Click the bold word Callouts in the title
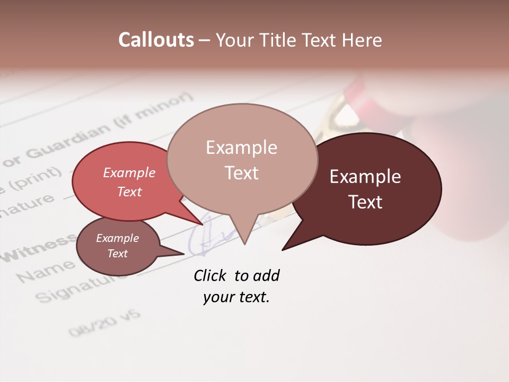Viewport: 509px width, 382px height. pos(156,40)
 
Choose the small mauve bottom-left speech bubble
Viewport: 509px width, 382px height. pos(118,246)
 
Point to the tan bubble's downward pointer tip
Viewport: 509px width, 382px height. pos(244,244)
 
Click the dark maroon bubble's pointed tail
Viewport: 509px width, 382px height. pos(284,249)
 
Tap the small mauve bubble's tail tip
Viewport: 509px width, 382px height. pos(183,254)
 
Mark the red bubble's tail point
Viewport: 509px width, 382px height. pos(201,224)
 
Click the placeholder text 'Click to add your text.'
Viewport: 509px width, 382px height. pos(236,286)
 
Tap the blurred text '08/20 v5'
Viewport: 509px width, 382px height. pos(105,323)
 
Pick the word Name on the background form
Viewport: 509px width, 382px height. pos(45,271)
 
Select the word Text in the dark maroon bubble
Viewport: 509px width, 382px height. pos(365,202)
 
